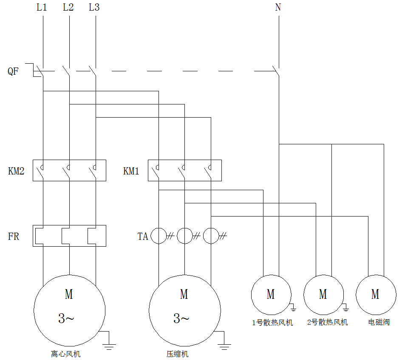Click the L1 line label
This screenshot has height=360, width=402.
[x=42, y=8]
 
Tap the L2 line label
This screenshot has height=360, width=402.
[x=68, y=8]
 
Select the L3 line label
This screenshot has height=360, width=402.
[x=94, y=8]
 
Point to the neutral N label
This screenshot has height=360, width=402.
[x=278, y=8]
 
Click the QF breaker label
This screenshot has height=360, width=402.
[x=13, y=71]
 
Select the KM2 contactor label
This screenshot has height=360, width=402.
[x=16, y=172]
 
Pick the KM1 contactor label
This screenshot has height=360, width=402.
[x=131, y=172]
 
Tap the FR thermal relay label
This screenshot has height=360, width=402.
[x=14, y=236]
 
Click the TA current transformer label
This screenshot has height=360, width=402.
[x=143, y=236]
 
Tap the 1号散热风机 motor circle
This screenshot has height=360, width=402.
[x=271, y=295]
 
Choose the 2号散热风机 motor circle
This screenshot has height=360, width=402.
[x=323, y=295]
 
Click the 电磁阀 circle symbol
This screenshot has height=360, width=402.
[x=376, y=295]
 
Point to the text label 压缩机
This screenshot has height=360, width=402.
[x=178, y=354]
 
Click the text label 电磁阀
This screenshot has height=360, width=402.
[x=379, y=322]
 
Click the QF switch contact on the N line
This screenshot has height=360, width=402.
[x=276, y=71]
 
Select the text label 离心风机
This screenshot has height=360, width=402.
[x=66, y=354]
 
